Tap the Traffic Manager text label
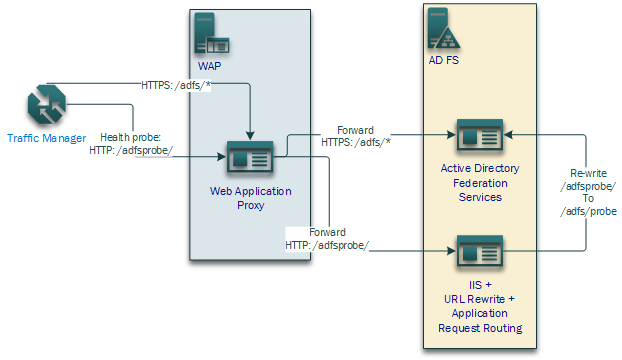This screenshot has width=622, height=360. click(46, 137)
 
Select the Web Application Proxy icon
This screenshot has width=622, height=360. click(249, 157)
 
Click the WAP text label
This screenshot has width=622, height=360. click(210, 66)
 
